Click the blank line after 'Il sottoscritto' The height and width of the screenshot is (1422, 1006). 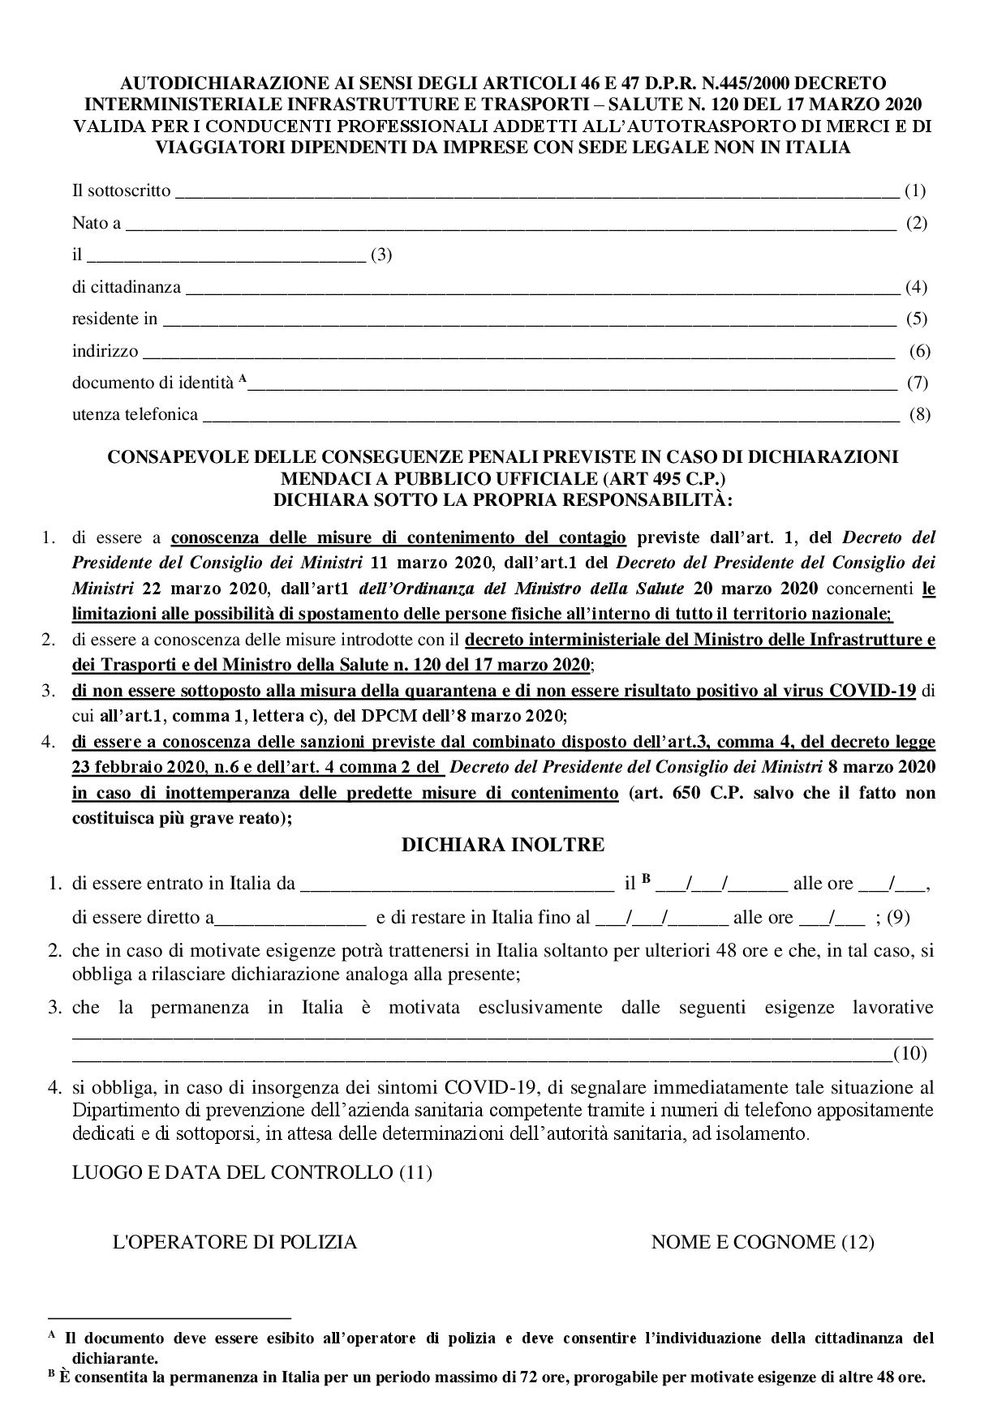click(535, 193)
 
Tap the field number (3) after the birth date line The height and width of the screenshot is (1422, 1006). click(381, 255)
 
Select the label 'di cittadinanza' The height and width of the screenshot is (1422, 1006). click(127, 287)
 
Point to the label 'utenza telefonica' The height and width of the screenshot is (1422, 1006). click(135, 415)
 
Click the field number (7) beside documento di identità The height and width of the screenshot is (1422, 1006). click(918, 383)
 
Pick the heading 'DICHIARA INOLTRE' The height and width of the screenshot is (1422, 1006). click(503, 845)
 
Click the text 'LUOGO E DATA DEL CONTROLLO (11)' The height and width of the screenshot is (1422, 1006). click(252, 1172)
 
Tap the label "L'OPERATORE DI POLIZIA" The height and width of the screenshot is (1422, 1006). click(234, 1242)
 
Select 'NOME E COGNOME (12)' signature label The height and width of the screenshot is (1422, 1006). click(763, 1242)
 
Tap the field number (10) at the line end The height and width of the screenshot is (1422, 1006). click(909, 1054)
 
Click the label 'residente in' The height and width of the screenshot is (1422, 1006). click(114, 319)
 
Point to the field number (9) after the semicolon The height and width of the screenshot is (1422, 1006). click(898, 918)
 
